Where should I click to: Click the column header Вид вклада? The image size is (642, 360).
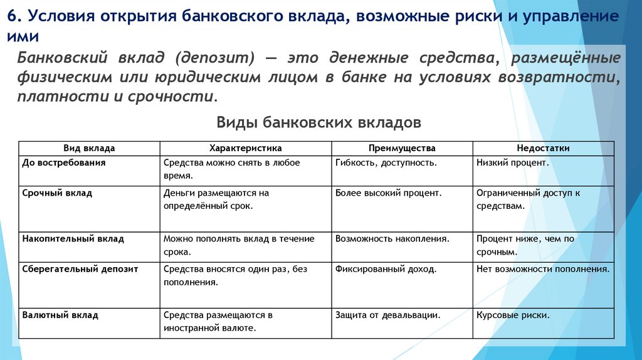click(89, 148)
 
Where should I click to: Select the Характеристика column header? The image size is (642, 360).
click(245, 148)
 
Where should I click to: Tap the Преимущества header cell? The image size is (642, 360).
click(402, 148)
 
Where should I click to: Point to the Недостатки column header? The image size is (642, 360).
click(543, 148)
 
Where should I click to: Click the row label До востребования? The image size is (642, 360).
click(63, 162)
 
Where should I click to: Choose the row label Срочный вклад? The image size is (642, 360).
click(57, 193)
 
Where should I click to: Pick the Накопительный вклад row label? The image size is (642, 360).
click(73, 239)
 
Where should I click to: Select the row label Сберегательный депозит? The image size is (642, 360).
click(80, 269)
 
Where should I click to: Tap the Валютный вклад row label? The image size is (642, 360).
click(60, 315)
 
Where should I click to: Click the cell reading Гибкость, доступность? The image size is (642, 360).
click(386, 162)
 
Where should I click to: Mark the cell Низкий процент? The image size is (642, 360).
click(512, 162)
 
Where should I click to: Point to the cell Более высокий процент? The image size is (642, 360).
click(389, 193)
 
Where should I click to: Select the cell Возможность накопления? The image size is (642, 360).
click(392, 239)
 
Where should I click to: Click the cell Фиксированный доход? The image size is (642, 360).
click(386, 269)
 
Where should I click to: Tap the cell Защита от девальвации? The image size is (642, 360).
click(387, 315)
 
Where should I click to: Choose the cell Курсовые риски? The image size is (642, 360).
click(513, 315)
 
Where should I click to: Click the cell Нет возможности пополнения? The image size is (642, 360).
click(543, 269)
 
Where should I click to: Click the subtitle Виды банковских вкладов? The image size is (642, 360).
click(318, 122)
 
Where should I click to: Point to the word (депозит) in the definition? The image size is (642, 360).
click(215, 58)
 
